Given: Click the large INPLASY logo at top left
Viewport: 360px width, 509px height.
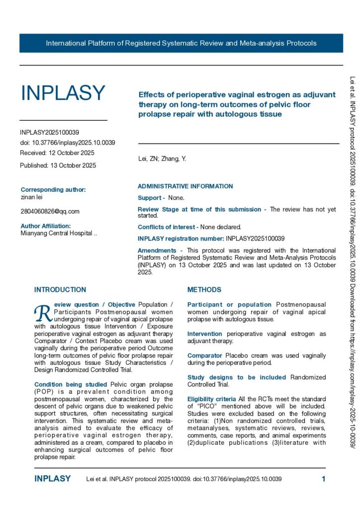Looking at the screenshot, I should (x=63, y=93).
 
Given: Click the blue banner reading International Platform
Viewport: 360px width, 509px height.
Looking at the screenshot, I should (x=181, y=43).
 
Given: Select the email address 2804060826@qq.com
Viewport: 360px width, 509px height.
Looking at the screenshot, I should (x=50, y=211).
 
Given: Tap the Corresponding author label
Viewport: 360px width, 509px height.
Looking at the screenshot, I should (x=53, y=189).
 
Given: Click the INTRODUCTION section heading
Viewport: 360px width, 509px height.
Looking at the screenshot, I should (x=60, y=290).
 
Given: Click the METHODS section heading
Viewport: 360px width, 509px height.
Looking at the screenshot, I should (x=204, y=290).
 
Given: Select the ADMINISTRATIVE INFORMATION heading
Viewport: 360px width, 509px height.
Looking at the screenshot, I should (x=185, y=186).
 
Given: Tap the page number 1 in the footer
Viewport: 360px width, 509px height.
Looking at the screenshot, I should (x=323, y=479).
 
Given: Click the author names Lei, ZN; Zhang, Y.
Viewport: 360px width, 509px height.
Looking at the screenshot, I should (x=162, y=159).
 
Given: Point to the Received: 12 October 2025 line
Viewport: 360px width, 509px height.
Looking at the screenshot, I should (x=57, y=153).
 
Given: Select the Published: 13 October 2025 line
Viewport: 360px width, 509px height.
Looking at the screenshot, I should (x=58, y=165).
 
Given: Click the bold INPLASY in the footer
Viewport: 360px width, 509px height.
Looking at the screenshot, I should (x=53, y=479).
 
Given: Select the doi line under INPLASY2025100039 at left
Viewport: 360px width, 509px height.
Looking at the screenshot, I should (x=68, y=143).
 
